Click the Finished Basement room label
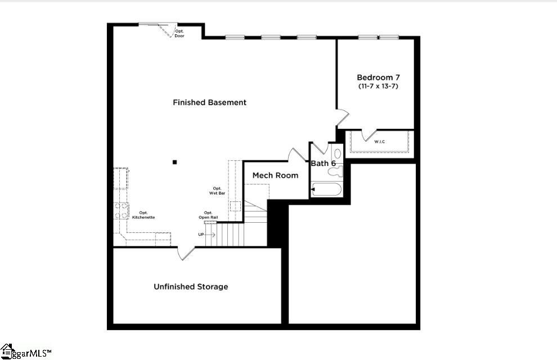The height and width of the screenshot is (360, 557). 210,102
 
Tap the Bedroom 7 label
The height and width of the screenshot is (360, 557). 378,78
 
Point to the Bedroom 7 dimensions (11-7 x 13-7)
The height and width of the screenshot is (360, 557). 378,86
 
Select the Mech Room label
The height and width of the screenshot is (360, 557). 275,175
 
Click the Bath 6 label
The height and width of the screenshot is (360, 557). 324,163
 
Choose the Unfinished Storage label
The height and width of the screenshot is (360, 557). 191,286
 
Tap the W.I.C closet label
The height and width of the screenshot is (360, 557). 379,142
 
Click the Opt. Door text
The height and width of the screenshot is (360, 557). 179,34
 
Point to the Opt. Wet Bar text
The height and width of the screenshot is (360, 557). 217,191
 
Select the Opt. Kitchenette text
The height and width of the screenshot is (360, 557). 143,215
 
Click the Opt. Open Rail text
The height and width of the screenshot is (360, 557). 208,215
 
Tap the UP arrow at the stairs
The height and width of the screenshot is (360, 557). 206,235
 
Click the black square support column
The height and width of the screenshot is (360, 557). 175,162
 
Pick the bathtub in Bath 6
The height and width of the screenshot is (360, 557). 326,189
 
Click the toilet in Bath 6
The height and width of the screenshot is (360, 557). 335,172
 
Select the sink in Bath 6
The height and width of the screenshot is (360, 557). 337,154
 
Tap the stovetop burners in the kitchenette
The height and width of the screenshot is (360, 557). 121,210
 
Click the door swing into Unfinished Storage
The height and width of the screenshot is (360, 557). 186,254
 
